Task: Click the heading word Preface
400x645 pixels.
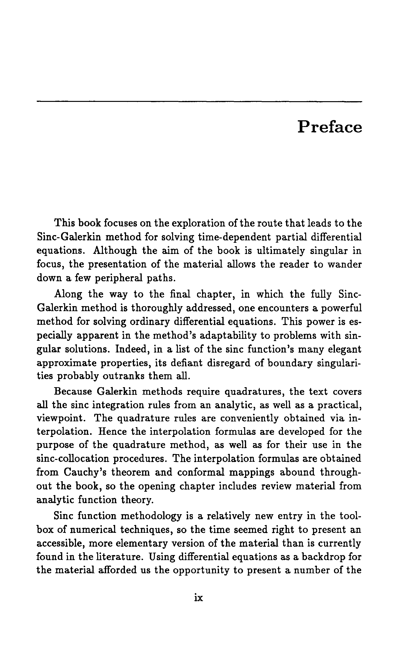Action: pos(330,127)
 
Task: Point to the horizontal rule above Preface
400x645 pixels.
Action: pos(199,101)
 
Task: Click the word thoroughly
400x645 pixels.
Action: pos(152,308)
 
